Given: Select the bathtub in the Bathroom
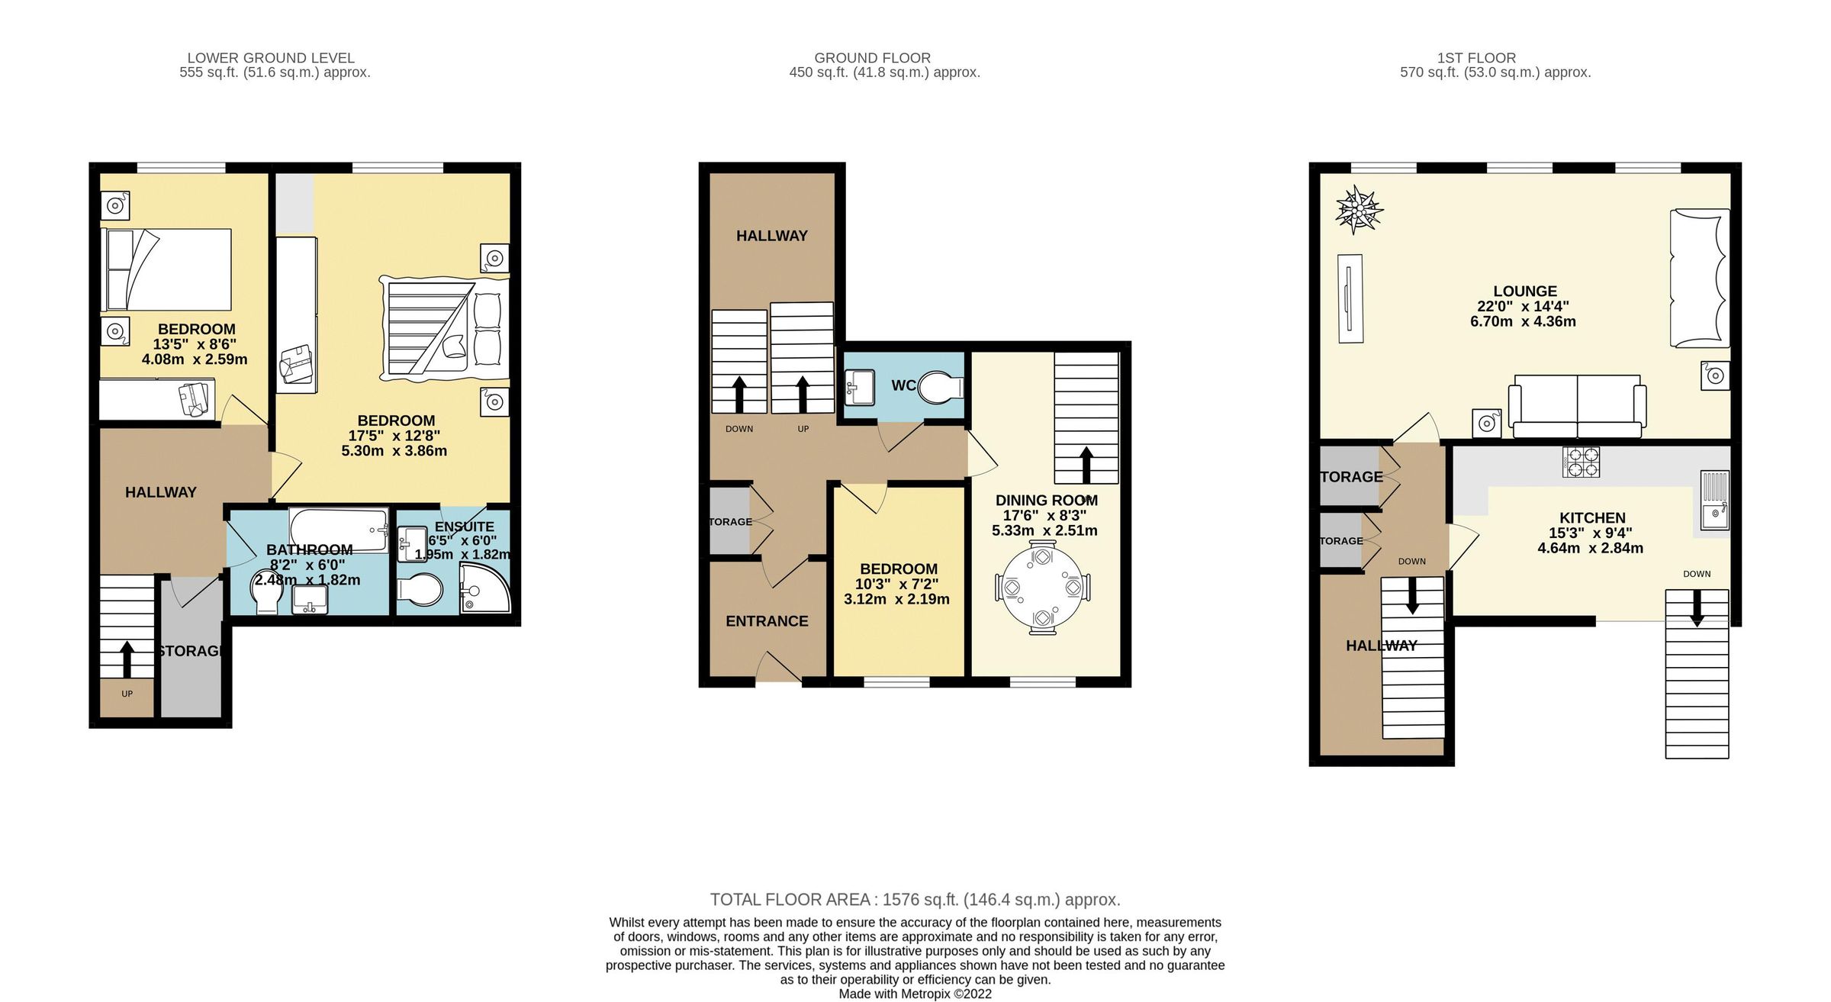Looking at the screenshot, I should pos(338,529).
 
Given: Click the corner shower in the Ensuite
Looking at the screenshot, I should pos(484,589).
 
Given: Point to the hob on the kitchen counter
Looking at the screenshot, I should pos(1581,462).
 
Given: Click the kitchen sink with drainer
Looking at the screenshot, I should pos(1714,501).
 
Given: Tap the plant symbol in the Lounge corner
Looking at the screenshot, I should pos(1359,210).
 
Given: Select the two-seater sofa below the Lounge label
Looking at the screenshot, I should pos(1577,406).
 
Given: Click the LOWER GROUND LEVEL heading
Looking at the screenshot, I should pos(271,58).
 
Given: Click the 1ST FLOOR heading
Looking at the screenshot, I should pos(1476,58).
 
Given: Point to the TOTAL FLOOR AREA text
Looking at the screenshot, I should pos(915,900).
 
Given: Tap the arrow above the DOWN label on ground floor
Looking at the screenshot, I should pos(739,394).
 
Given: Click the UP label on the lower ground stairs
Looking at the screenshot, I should pos(127,694).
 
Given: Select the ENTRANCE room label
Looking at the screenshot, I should pos(767,621).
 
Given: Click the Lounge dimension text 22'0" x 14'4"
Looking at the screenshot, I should pos(1523,307).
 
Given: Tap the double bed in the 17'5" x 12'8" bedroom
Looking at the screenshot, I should pos(445,329).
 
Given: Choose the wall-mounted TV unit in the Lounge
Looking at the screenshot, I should pos(1350,299).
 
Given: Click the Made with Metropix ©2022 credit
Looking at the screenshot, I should pos(915,994).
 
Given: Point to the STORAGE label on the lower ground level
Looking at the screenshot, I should pos(191,651).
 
